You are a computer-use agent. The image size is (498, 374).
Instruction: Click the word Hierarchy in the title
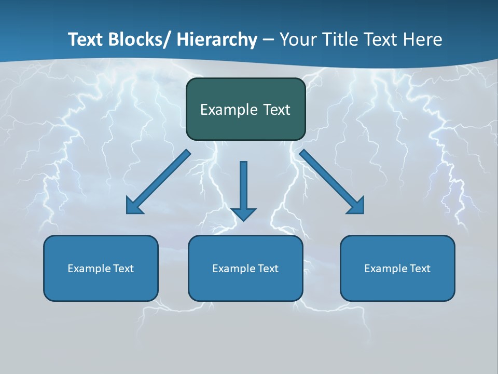[217, 39]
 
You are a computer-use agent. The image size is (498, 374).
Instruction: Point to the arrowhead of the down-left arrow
[134, 206]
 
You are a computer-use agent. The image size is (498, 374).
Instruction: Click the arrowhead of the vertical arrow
[244, 214]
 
